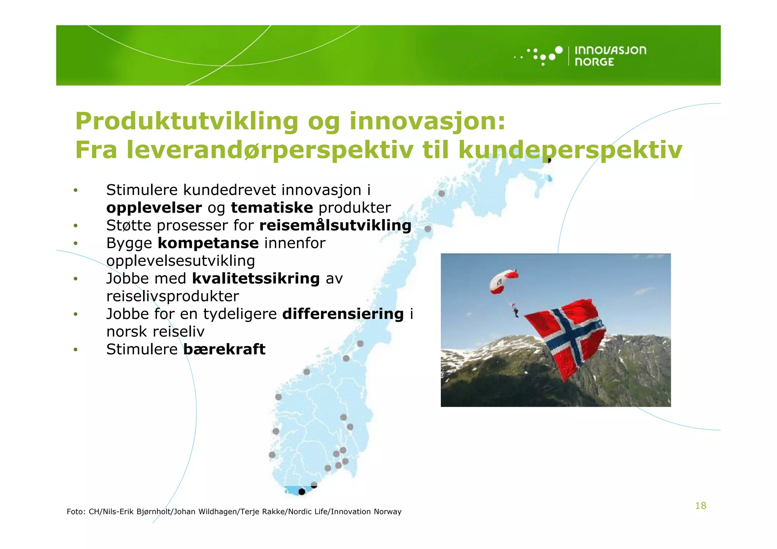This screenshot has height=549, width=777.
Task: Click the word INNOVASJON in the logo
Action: coord(610,50)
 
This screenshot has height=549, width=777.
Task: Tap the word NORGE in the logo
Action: coord(594,62)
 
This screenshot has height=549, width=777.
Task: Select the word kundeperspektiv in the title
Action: coord(570,150)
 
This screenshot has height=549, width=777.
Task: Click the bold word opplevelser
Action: coord(154,208)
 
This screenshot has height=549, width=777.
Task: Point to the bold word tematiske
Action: coord(272,208)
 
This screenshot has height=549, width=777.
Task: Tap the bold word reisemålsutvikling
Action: coord(335,226)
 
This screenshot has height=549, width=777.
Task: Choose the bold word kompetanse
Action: coord(208,243)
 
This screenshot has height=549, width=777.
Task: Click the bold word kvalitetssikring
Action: coord(256,279)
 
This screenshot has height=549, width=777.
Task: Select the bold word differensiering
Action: coord(343,314)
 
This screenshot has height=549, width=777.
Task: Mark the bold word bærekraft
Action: coord(224,349)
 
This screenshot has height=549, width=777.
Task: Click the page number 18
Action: coord(700,506)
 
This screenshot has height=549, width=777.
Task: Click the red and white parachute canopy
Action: coord(503,281)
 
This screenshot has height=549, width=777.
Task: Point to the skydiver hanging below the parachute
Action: coord(516,312)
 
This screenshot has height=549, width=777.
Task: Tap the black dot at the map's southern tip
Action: coord(302,492)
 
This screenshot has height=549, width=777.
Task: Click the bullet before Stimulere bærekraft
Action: coord(75,350)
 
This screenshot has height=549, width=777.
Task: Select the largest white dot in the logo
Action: coord(558,50)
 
